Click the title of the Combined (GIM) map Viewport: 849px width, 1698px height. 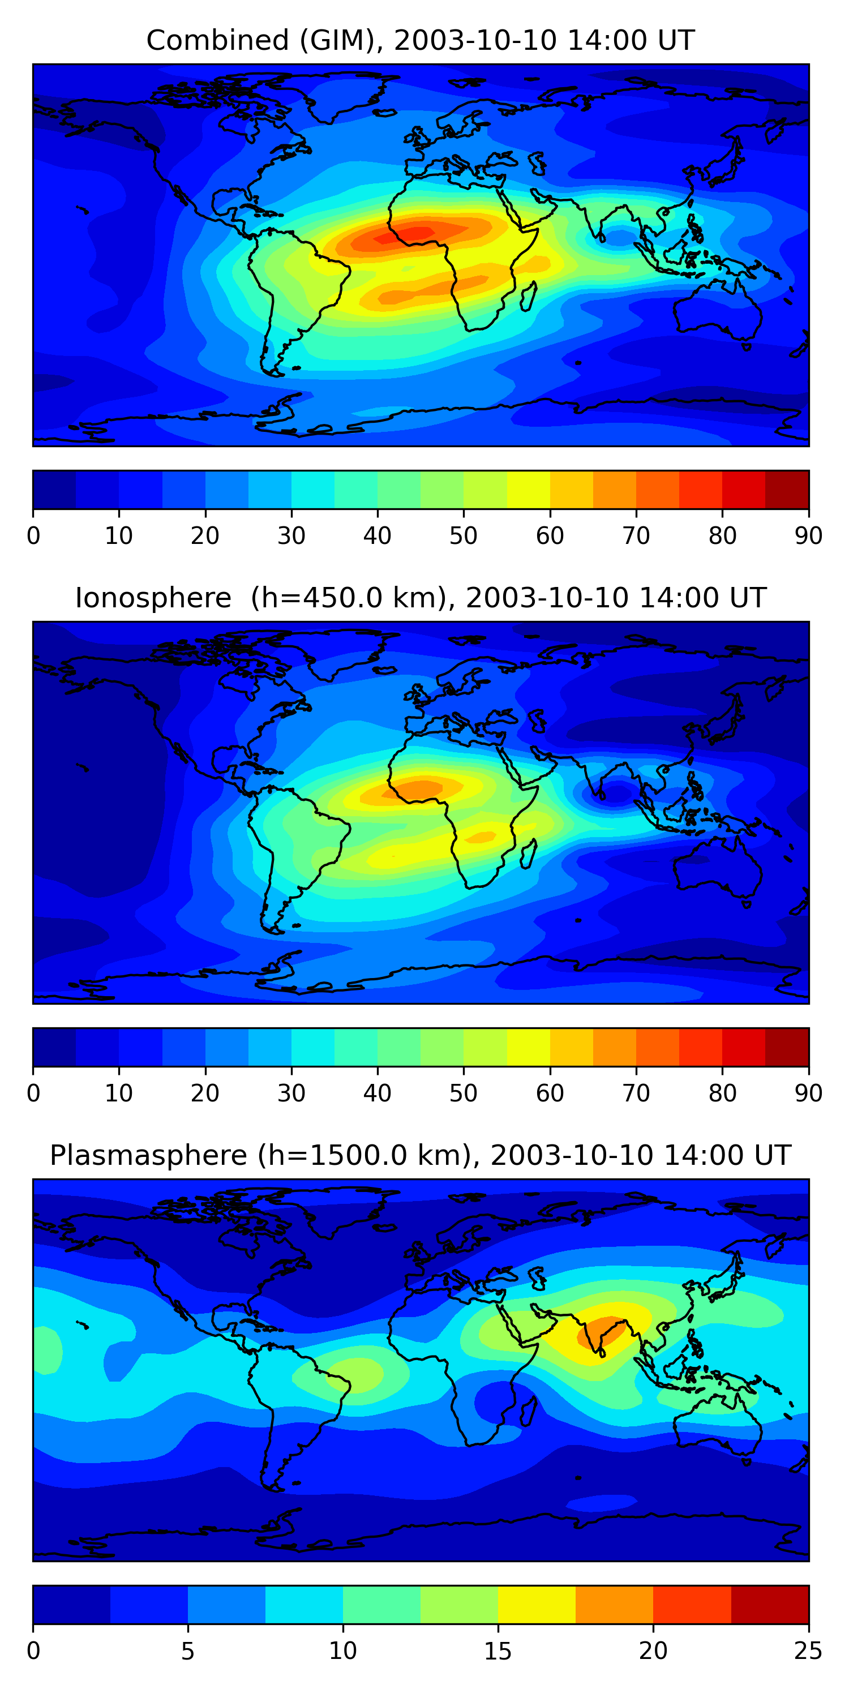click(x=420, y=40)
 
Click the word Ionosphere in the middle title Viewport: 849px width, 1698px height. click(x=153, y=598)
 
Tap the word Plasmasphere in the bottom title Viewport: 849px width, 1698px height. click(x=148, y=1156)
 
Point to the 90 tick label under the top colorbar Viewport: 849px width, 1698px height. click(x=808, y=535)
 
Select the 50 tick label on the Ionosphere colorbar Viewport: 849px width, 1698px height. click(x=464, y=1093)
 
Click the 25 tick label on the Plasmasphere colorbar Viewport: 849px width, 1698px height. click(x=808, y=1650)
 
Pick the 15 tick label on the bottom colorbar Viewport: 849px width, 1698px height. click(x=498, y=1650)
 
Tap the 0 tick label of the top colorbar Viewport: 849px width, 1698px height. click(x=33, y=535)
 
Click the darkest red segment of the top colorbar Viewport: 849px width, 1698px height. click(x=787, y=489)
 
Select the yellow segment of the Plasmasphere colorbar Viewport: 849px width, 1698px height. click(x=537, y=1605)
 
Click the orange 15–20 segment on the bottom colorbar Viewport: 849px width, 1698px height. click(x=614, y=1605)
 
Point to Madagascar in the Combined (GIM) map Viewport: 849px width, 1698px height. click(x=529, y=297)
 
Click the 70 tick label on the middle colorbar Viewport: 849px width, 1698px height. click(x=636, y=1093)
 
